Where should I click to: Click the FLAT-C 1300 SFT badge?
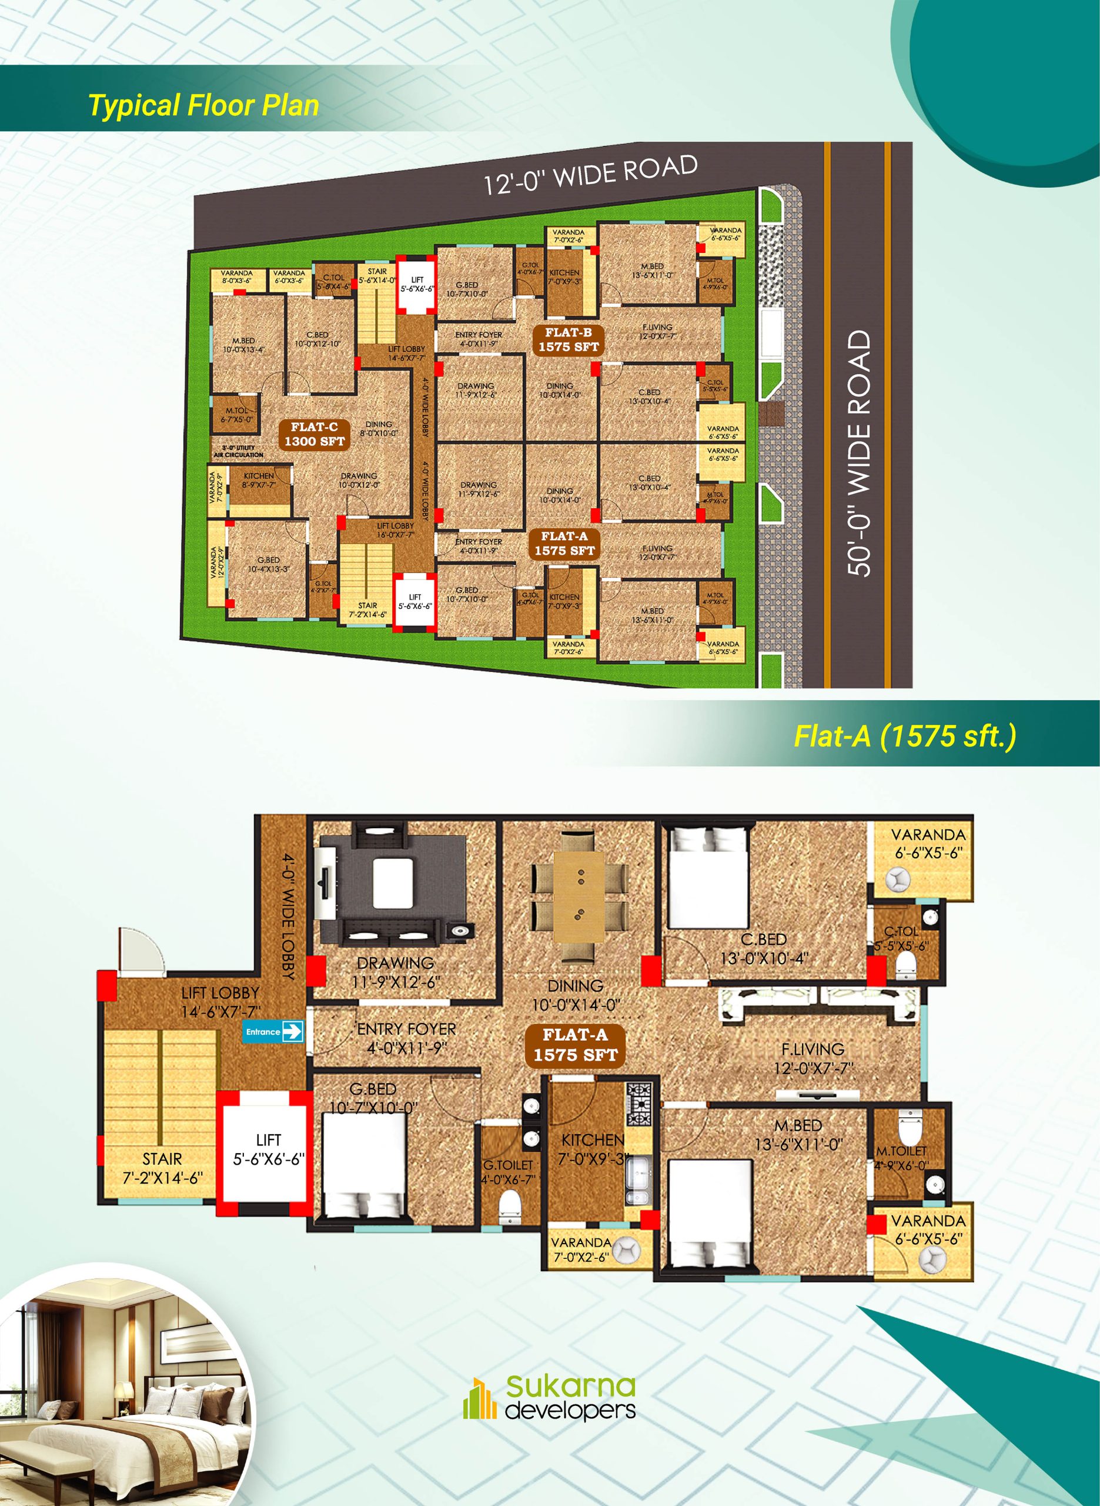(315, 434)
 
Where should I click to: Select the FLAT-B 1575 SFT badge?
(569, 339)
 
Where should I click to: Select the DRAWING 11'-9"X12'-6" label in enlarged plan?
(396, 972)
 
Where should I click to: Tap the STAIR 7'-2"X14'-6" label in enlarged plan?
(162, 1168)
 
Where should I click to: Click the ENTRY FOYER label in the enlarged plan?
(406, 1038)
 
